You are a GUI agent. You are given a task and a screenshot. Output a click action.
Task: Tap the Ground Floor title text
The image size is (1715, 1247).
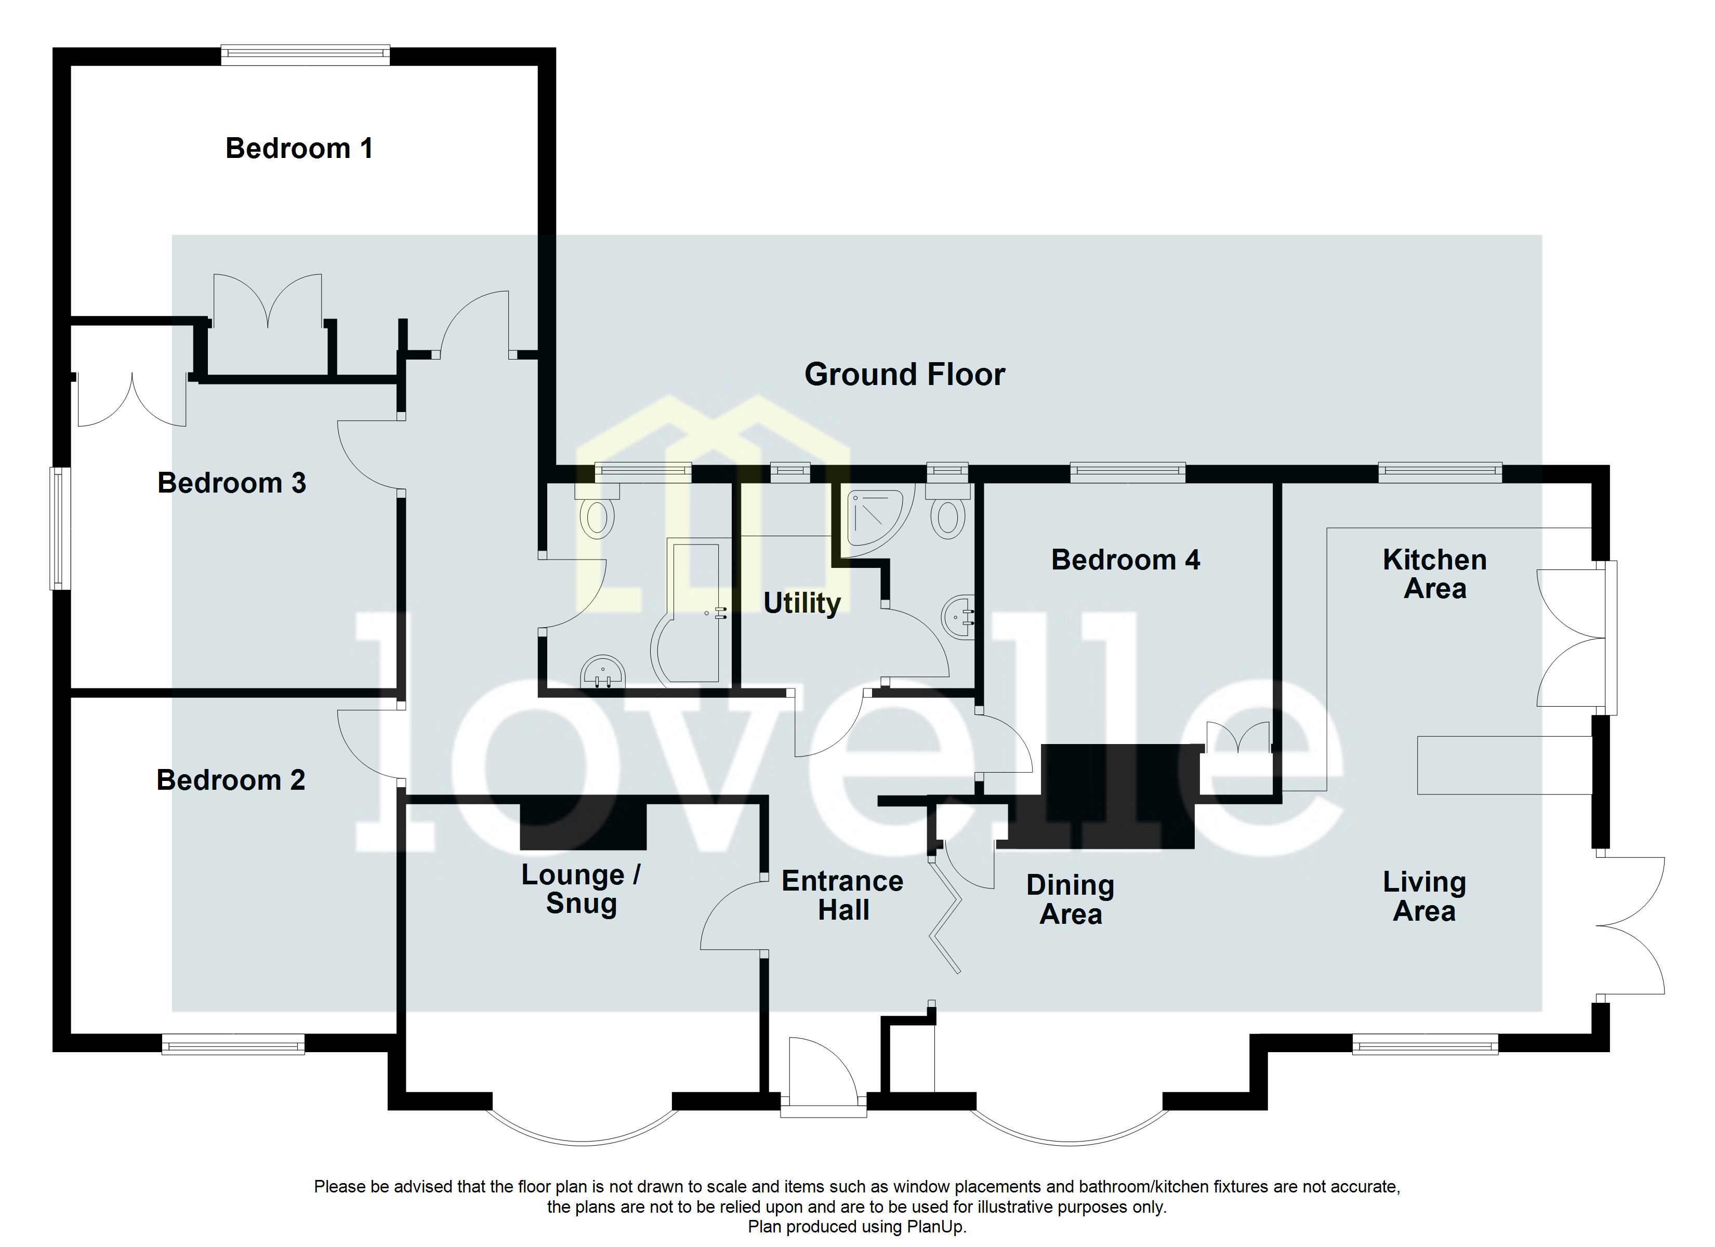[904, 374]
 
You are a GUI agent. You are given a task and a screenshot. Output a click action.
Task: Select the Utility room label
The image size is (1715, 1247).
[801, 603]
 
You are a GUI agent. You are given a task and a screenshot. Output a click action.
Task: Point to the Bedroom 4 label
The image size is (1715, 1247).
[1125, 560]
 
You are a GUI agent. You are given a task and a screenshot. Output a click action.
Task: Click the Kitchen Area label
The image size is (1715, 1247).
[1434, 574]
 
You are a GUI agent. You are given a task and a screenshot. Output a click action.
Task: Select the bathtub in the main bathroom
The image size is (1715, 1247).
[690, 613]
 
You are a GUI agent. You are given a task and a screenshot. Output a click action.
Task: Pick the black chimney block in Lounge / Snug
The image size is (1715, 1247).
[583, 825]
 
